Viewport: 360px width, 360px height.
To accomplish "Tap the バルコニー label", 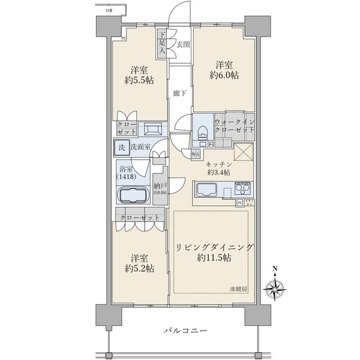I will (185, 331).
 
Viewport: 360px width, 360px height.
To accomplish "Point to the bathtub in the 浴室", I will (133, 196).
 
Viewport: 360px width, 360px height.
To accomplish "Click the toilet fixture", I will (202, 130).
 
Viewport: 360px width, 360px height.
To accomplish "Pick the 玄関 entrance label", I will (183, 44).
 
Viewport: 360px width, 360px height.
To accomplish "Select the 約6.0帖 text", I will (224, 77).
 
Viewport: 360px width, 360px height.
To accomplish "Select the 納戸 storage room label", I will (160, 187).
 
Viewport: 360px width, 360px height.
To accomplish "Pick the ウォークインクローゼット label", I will (233, 124).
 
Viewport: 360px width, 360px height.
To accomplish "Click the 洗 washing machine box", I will (121, 147).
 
